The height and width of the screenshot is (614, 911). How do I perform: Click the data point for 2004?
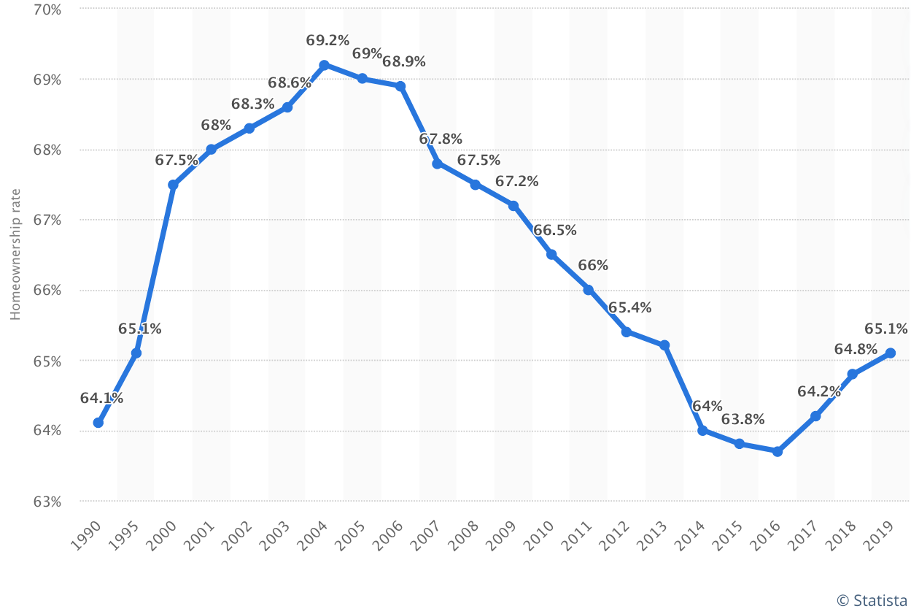(x=324, y=65)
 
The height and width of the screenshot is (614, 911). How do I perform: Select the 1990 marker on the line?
(x=98, y=423)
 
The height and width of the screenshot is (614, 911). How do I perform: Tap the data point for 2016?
(x=778, y=451)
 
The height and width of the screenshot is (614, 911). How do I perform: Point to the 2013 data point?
(x=664, y=345)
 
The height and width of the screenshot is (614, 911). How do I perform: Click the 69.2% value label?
(x=327, y=41)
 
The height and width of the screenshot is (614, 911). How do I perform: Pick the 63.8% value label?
(x=743, y=419)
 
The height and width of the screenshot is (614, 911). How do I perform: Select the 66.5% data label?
(x=554, y=230)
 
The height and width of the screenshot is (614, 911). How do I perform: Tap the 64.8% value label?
(x=856, y=350)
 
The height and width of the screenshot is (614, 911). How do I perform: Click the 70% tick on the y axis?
(x=47, y=9)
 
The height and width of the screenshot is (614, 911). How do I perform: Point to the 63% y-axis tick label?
(x=47, y=502)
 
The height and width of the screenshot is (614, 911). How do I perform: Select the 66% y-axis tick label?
(x=47, y=291)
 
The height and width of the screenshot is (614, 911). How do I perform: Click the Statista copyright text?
(x=872, y=600)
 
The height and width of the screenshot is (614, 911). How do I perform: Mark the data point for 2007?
(x=437, y=164)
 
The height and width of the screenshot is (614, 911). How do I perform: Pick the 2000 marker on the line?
(x=173, y=185)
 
